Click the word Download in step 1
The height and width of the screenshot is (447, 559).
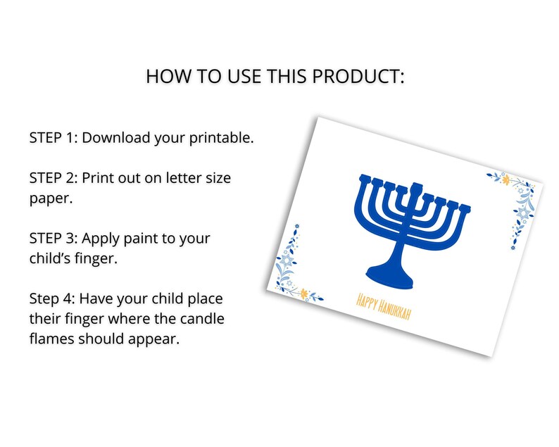point(119,137)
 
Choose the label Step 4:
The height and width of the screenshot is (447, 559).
point(51,299)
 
